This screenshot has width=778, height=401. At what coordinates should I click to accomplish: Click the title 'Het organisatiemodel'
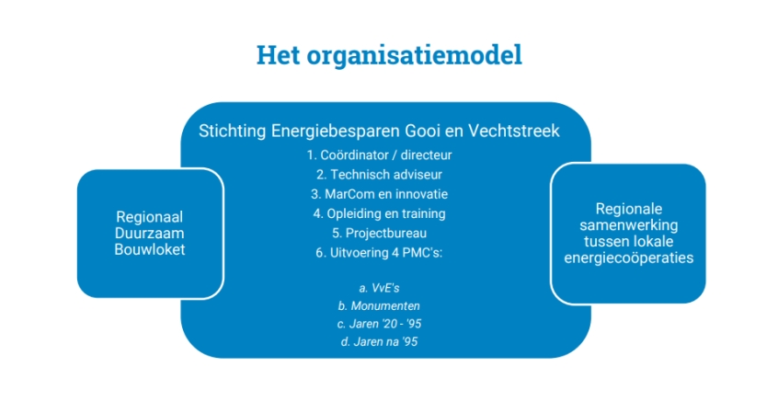point(389,54)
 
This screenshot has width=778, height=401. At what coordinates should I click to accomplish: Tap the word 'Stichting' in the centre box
point(233,131)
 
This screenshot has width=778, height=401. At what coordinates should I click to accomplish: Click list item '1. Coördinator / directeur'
point(379,155)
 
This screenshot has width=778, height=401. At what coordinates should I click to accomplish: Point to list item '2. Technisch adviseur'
point(379,175)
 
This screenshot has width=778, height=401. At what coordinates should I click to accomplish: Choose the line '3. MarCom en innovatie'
point(379,194)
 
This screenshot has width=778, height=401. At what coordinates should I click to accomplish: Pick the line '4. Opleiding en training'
point(379,213)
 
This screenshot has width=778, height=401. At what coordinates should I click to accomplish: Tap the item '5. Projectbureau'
point(379,234)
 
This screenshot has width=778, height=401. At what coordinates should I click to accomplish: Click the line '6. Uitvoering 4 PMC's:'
point(379,253)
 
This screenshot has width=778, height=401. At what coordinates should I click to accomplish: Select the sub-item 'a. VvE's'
point(379,288)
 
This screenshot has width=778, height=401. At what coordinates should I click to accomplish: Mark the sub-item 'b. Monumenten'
point(379,305)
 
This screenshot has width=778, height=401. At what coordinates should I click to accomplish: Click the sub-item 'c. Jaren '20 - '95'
point(379,324)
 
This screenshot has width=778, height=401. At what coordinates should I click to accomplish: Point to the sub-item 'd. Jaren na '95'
point(379,341)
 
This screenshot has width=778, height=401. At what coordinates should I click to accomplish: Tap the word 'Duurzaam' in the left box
point(149,234)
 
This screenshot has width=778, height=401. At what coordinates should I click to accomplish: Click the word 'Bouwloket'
point(149,249)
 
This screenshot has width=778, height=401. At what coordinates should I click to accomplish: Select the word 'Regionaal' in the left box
point(149,217)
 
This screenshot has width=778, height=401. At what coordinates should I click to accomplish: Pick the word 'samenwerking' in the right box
point(629,224)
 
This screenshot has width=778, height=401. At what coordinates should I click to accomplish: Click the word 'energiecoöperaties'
point(629,258)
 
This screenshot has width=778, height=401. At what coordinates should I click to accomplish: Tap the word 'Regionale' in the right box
point(629,209)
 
